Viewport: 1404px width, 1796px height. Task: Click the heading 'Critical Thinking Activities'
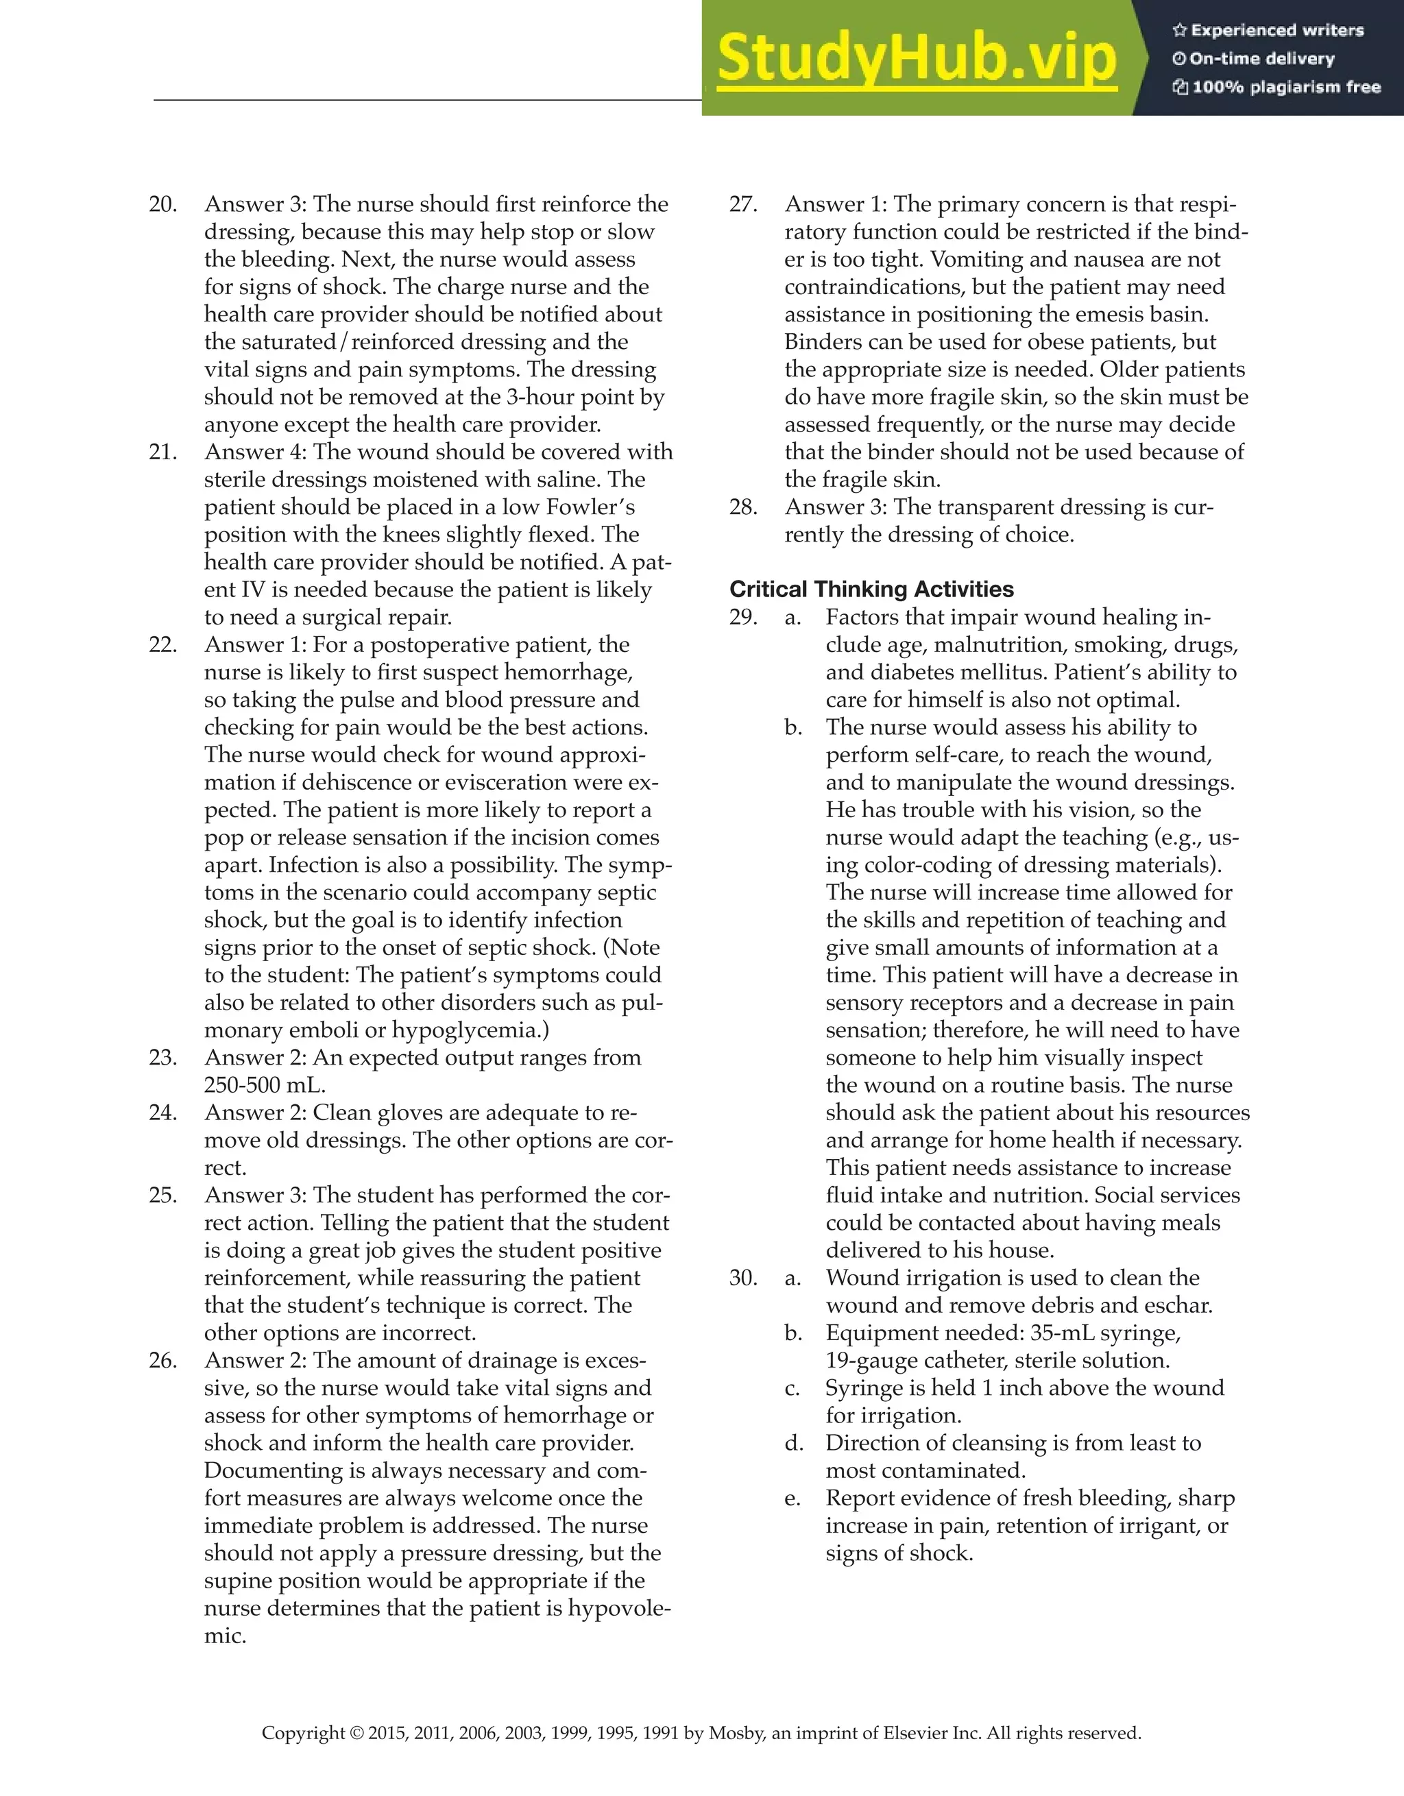click(x=871, y=589)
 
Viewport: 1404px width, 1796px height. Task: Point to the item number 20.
click(x=163, y=204)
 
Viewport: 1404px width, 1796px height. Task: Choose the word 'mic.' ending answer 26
click(x=225, y=1636)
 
